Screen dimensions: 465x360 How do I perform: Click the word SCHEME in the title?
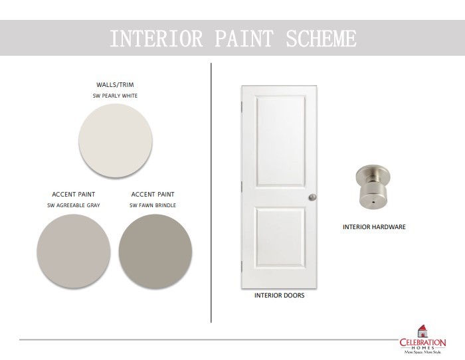321,39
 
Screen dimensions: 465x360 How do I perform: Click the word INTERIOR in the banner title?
156,39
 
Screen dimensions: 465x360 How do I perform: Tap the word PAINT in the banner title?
244,39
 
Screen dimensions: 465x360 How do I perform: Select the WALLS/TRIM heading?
115,85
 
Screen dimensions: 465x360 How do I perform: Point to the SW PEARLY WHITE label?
115,96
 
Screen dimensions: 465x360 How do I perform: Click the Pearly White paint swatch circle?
116,141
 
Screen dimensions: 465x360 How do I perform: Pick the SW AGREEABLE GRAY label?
74,205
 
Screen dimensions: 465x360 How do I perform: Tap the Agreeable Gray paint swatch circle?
74,251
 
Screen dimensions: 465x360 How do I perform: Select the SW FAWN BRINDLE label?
153,205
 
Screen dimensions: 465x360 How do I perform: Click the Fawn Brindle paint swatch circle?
155,251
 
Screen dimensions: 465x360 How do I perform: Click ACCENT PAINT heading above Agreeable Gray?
74,195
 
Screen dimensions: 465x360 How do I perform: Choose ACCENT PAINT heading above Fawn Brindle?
153,195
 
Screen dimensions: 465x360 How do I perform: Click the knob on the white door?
313,197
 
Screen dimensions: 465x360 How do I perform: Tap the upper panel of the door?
280,141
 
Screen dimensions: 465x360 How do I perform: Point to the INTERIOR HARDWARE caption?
374,227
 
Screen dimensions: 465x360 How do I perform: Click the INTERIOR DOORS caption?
280,296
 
